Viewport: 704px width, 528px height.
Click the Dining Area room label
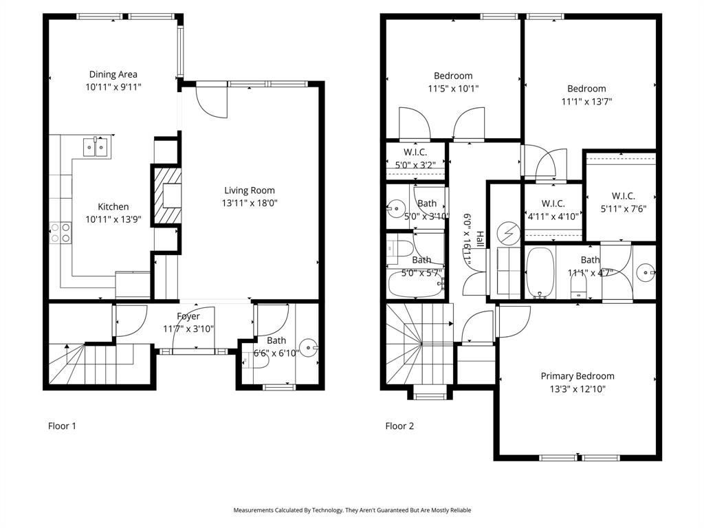[x=113, y=74]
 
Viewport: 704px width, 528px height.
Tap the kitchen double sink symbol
[x=96, y=147]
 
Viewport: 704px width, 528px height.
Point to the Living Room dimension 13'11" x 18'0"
[x=249, y=203]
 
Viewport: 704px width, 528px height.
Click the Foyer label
[x=188, y=316]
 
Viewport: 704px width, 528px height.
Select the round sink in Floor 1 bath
[x=307, y=348]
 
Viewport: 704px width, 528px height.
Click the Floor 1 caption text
[x=62, y=426]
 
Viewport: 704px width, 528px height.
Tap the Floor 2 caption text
[x=399, y=426]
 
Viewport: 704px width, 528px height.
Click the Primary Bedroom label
[x=577, y=376]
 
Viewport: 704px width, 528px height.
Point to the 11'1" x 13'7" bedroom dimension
[x=586, y=101]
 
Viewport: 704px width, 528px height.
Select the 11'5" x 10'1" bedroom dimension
[x=453, y=88]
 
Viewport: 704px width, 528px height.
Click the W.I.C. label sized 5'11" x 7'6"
[x=622, y=196]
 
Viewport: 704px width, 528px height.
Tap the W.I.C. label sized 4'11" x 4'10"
[x=553, y=203]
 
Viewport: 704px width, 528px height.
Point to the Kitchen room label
[x=113, y=206]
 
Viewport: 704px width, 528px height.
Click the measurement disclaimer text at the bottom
[x=352, y=510]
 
